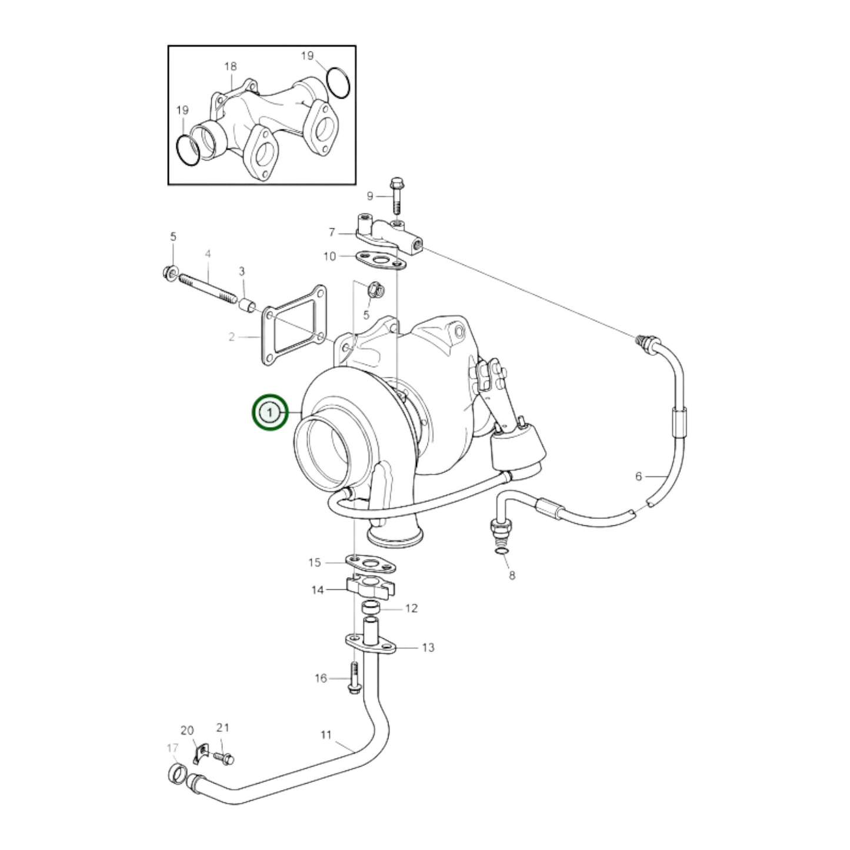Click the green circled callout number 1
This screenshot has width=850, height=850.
[269, 412]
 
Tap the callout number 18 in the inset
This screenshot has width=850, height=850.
[230, 66]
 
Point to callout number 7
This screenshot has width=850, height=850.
[332, 232]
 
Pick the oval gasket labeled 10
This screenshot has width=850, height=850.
[380, 259]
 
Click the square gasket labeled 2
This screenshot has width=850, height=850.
[294, 325]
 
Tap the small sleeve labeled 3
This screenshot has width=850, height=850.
[247, 305]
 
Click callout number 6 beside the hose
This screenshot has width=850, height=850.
[638, 476]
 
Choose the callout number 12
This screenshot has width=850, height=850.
[411, 608]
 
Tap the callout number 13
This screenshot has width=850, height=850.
[428, 648]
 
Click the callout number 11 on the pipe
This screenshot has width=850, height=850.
[325, 735]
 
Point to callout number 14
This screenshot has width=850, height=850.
[318, 590]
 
